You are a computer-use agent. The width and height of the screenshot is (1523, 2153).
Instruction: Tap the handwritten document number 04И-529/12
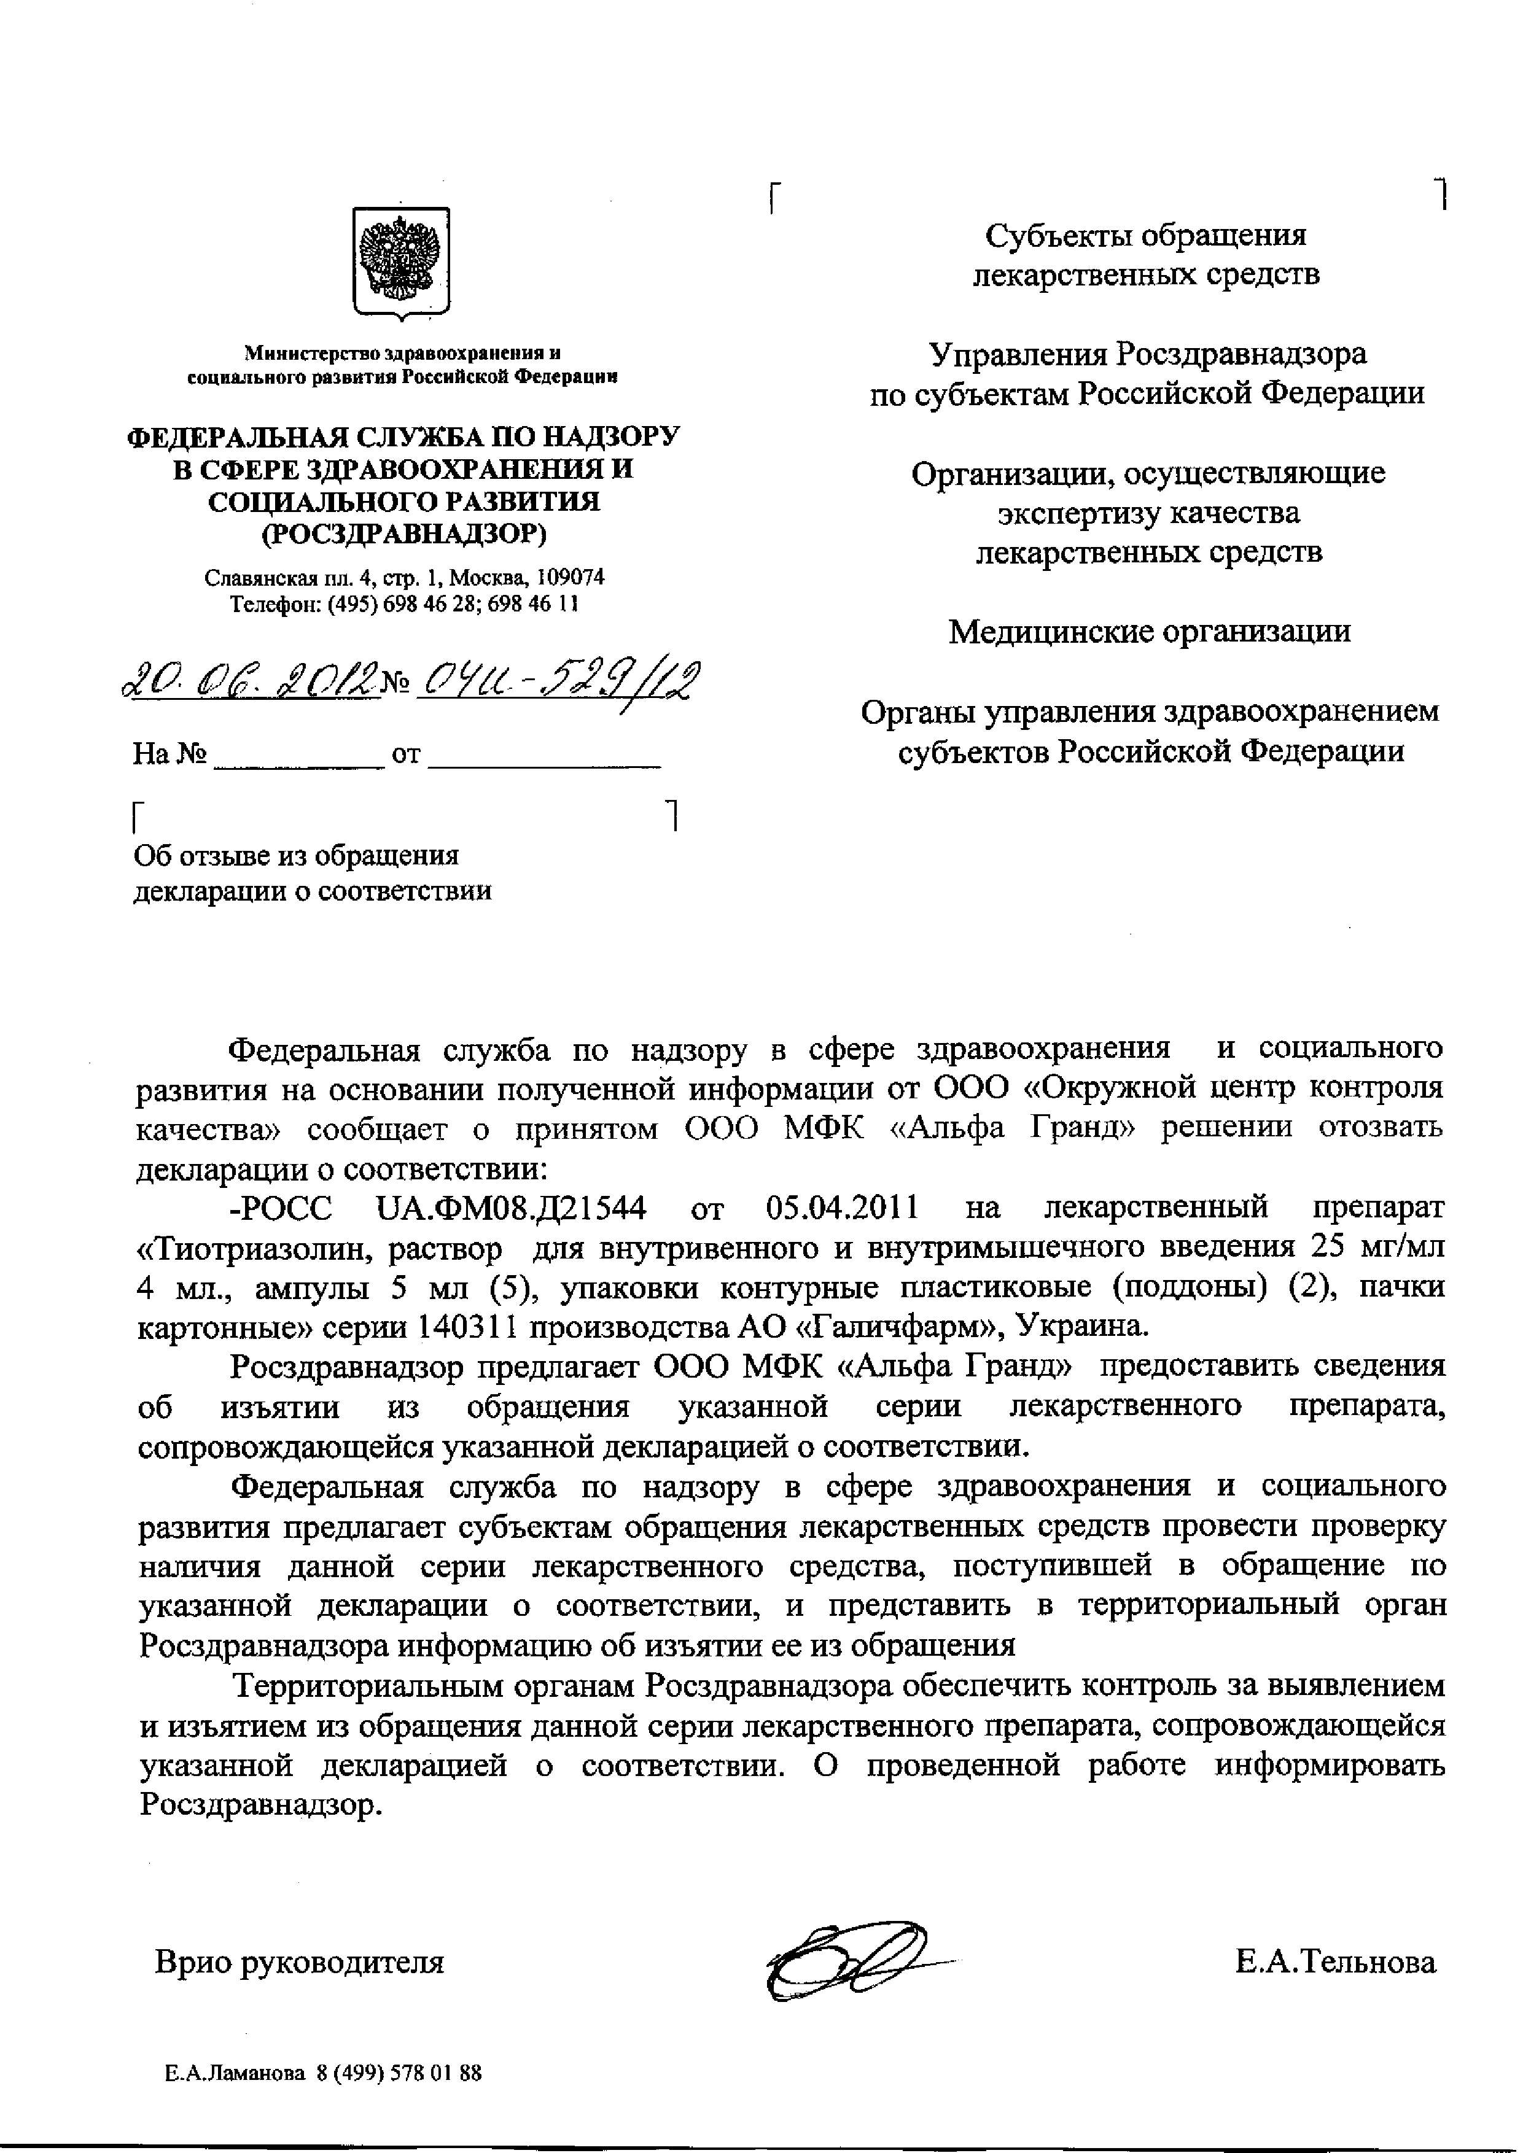(x=559, y=678)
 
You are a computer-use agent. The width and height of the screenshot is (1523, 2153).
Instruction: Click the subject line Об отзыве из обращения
(x=297, y=855)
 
